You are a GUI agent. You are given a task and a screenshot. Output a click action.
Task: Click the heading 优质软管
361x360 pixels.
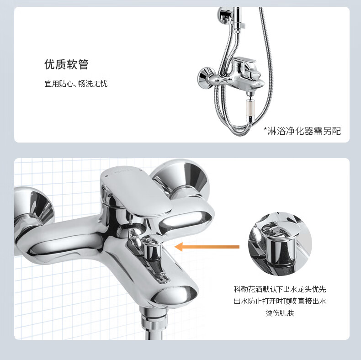point(66,64)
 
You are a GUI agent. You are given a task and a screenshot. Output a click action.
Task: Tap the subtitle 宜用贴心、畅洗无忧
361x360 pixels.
point(76,84)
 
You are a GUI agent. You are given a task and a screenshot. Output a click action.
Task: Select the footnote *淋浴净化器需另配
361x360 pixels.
point(302,131)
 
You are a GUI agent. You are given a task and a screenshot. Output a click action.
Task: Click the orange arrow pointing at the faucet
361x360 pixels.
point(207,247)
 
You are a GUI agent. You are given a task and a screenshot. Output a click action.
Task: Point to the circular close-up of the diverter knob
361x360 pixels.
point(280,244)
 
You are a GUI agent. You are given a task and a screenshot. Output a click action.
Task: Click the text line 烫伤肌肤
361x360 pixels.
point(280,313)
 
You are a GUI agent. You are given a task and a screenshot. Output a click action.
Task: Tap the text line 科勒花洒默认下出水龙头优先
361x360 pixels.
point(280,289)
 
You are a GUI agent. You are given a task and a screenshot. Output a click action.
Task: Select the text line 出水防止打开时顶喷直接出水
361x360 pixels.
point(280,301)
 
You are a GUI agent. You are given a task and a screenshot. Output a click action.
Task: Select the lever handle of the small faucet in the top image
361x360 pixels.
point(244,64)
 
